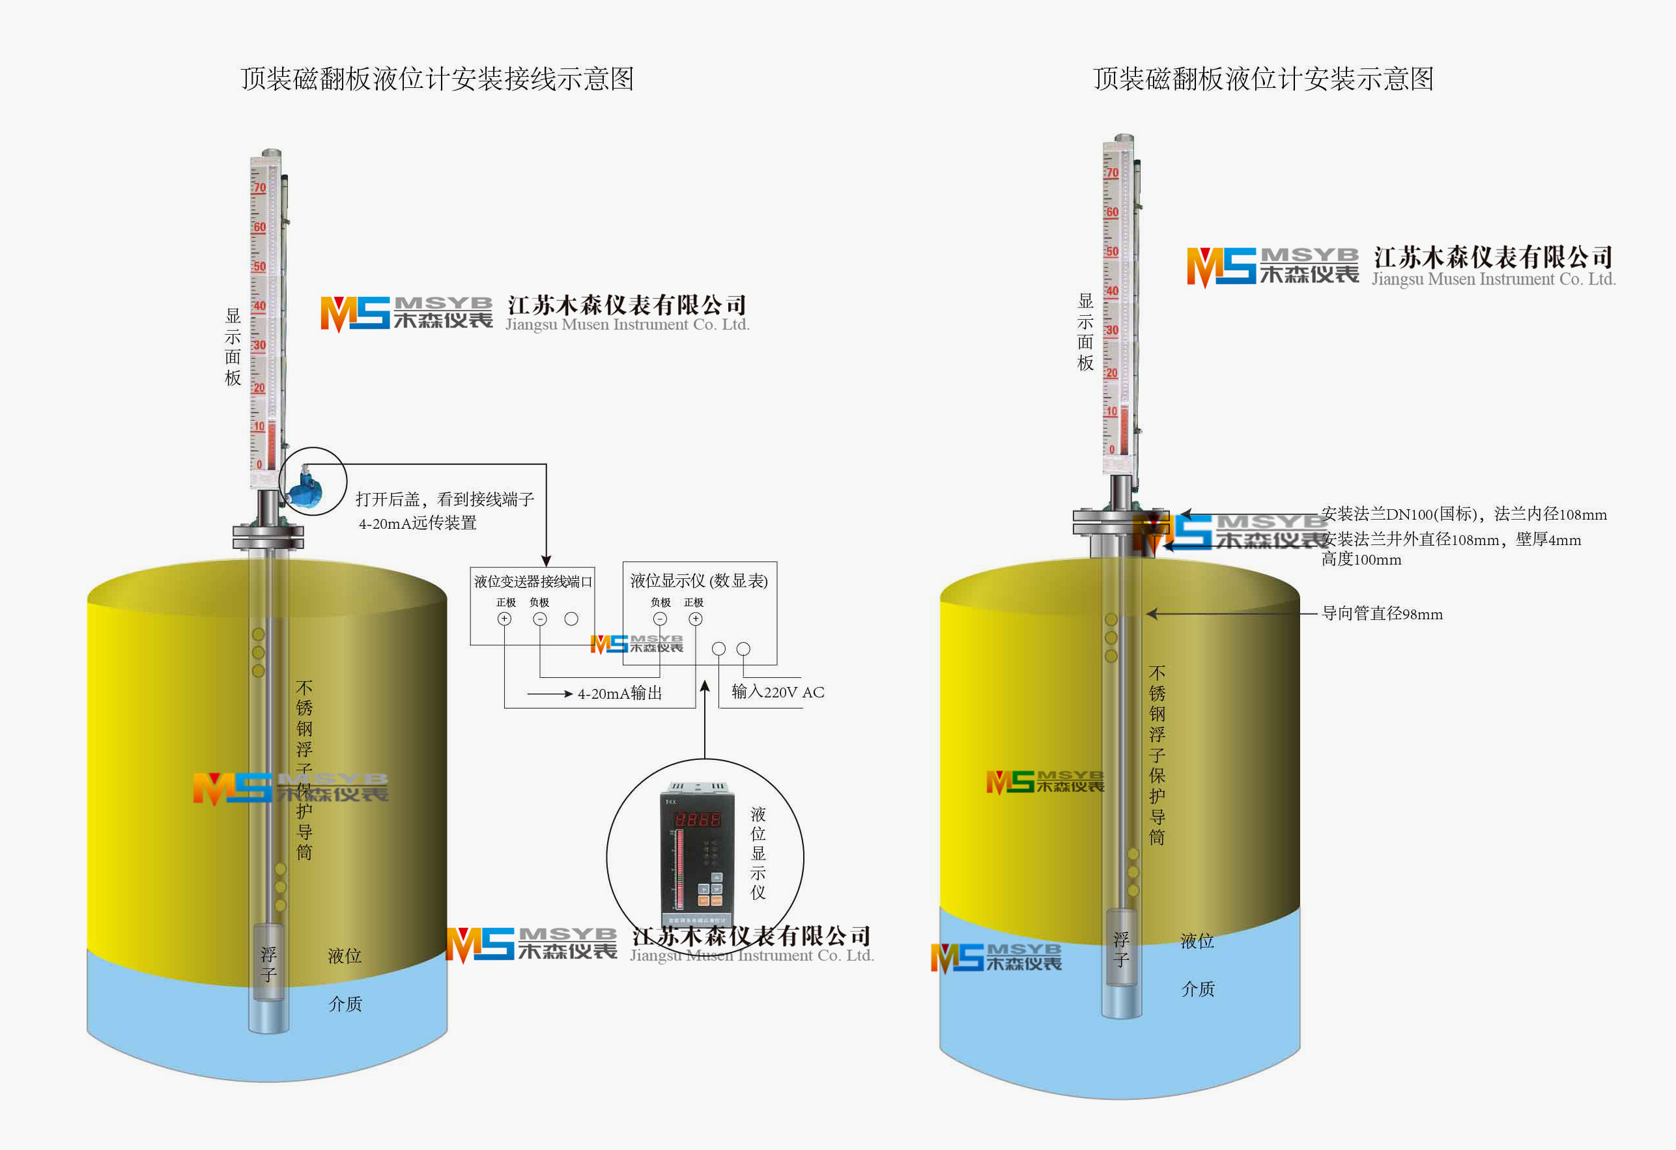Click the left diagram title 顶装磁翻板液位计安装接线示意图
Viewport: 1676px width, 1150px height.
[437, 79]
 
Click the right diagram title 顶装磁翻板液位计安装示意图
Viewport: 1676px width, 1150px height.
[1263, 79]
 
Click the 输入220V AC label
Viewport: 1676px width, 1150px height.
[778, 692]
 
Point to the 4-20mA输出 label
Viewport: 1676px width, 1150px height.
[619, 694]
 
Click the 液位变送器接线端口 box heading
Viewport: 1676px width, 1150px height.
[533, 581]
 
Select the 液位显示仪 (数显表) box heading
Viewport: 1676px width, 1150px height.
[699, 580]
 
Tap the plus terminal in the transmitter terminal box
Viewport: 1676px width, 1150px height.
[504, 619]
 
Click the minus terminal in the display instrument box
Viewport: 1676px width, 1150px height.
[660, 619]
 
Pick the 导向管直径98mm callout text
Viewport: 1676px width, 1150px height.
[1382, 614]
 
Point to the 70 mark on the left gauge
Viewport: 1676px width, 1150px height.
[260, 188]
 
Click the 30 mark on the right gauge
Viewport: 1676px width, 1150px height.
[1112, 330]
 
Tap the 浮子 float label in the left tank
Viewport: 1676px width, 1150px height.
[268, 964]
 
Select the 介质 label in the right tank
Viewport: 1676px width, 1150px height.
[1198, 989]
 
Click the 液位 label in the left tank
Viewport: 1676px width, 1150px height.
[345, 956]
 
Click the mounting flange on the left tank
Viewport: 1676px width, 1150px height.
[268, 537]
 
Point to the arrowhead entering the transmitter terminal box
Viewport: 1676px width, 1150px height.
[546, 561]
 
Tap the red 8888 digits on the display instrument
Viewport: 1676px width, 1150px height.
[697, 819]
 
